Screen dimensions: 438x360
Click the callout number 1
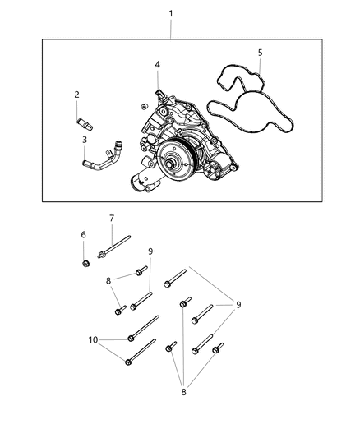click(x=171, y=14)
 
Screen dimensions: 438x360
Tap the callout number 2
click(x=77, y=95)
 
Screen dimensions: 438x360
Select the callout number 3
click(x=84, y=139)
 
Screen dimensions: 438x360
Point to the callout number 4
click(x=157, y=64)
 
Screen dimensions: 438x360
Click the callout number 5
click(x=260, y=53)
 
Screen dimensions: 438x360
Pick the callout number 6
click(x=83, y=235)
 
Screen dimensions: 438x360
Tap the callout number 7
click(x=112, y=218)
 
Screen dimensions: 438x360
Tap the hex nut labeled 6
click(x=86, y=262)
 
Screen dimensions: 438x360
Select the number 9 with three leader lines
click(x=238, y=305)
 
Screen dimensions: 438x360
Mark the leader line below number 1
click(x=171, y=28)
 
